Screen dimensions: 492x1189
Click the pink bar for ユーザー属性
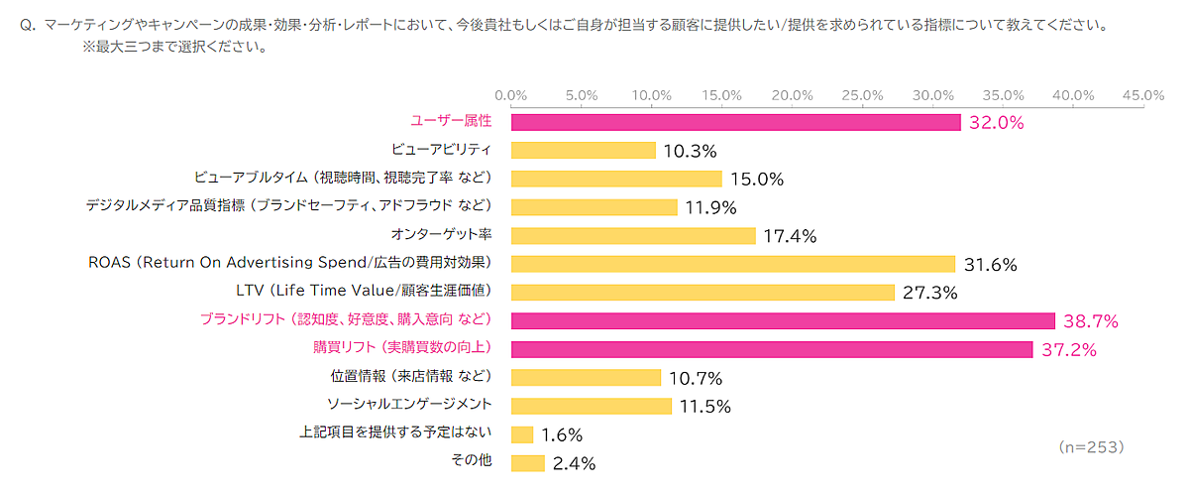735,122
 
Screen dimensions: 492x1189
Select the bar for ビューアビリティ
584,150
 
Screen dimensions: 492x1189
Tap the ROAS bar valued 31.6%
733,264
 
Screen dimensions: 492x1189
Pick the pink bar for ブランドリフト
783,320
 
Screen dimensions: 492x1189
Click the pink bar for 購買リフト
772,349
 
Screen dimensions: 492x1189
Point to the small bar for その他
528,463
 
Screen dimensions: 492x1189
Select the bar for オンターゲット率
633,235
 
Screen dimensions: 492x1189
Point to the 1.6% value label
563,435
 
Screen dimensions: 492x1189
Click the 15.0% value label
757,180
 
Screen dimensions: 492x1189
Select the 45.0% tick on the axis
1142,95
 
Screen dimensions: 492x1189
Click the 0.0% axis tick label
510,95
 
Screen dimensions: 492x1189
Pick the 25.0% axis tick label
861,95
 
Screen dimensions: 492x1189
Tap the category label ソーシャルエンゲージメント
410,406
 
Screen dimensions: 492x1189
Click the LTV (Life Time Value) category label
365,292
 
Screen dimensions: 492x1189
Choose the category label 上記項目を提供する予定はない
396,434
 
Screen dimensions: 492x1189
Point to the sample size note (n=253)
1091,447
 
